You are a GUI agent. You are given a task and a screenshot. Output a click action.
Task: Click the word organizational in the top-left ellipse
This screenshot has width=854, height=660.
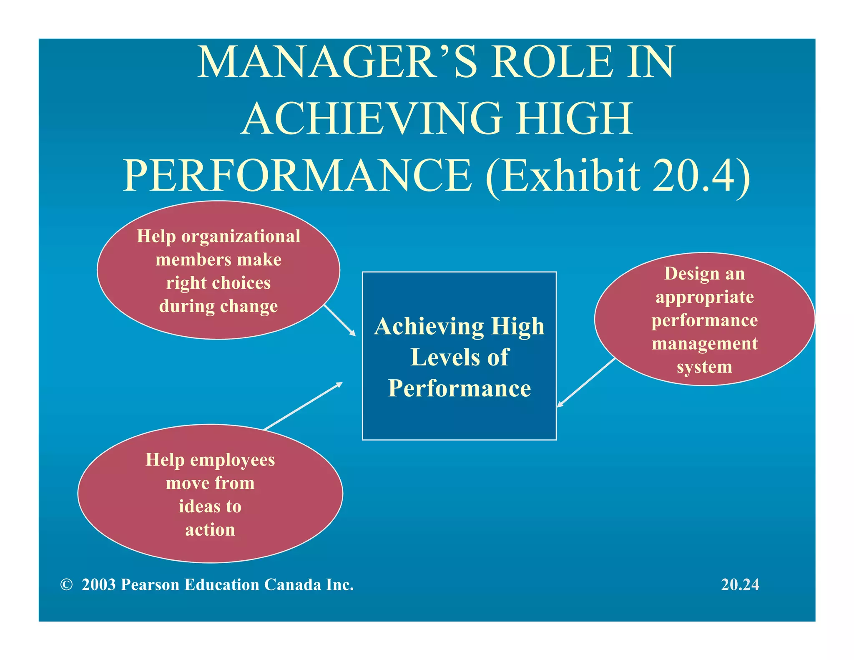click(x=241, y=237)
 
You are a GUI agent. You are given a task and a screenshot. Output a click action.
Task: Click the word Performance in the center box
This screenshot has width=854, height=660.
click(x=460, y=389)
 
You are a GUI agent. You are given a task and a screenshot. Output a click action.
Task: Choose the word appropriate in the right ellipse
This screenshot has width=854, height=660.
click(x=705, y=297)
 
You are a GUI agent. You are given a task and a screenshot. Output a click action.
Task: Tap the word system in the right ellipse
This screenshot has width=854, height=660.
click(x=704, y=367)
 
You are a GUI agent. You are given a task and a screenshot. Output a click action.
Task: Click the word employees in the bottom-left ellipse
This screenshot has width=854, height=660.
click(x=233, y=460)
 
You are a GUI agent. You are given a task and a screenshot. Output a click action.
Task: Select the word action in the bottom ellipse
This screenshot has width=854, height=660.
click(x=210, y=530)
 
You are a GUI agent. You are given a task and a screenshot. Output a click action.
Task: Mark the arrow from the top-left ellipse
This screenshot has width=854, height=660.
click(x=339, y=320)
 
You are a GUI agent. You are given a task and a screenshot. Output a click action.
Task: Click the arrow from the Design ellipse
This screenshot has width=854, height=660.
click(x=586, y=383)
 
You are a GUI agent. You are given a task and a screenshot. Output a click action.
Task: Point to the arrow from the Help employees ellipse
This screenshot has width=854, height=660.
click(x=303, y=406)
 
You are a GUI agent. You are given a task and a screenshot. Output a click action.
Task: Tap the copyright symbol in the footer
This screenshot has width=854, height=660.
click(x=66, y=585)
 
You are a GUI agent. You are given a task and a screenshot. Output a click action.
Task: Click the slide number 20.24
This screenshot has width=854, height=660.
click(x=740, y=585)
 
